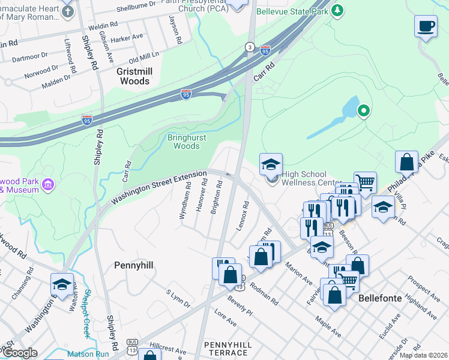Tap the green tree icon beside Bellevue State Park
(x=338, y=10)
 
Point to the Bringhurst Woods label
(x=182, y=141)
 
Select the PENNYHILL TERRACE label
(x=230, y=349)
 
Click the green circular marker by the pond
(x=363, y=110)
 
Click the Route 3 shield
(x=249, y=47)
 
